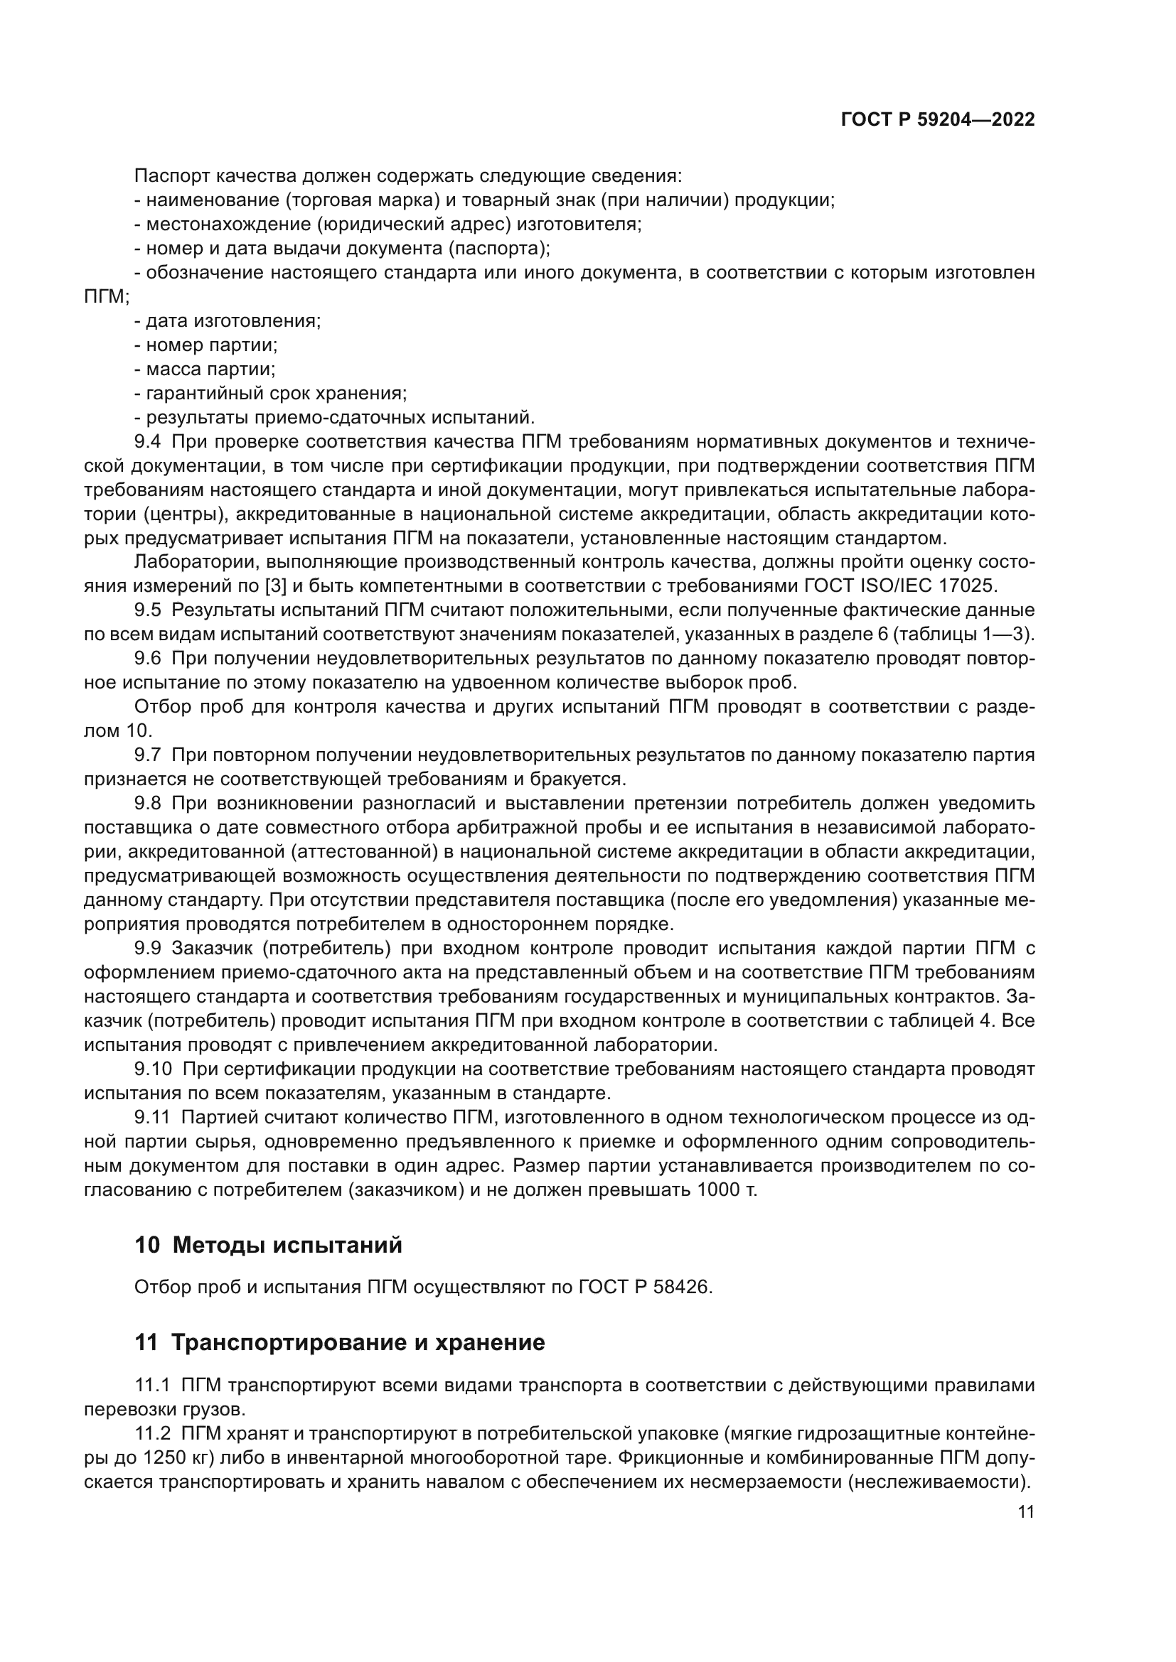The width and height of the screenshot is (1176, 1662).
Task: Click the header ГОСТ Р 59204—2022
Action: point(938,120)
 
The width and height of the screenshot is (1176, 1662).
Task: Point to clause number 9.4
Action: point(148,441)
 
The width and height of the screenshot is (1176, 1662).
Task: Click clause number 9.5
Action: point(148,610)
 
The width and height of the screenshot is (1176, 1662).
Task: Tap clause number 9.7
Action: point(148,755)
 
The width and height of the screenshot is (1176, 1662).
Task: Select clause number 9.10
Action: point(153,1069)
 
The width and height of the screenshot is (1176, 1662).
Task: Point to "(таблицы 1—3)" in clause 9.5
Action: point(963,635)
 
